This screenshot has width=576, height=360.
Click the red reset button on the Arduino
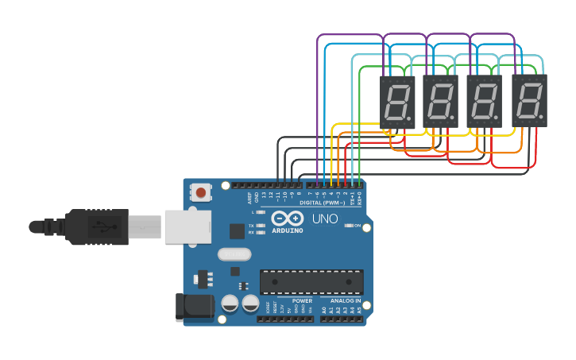click(201, 192)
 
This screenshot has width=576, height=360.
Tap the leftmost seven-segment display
click(397, 102)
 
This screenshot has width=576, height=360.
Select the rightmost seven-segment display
click(529, 101)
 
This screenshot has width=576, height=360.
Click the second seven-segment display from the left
click(441, 102)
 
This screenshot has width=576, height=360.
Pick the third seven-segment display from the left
click(485, 102)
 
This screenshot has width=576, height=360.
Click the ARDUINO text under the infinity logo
click(287, 230)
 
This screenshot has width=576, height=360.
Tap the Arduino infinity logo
click(287, 219)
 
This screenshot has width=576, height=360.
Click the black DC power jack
click(194, 308)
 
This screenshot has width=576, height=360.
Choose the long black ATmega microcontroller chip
click(311, 281)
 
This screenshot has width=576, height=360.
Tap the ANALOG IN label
click(346, 301)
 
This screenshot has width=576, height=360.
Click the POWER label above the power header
click(302, 301)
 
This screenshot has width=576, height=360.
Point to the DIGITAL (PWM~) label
click(322, 203)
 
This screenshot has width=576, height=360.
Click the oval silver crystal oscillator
click(234, 254)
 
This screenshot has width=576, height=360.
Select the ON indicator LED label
click(358, 226)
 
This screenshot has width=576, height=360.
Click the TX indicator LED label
click(251, 226)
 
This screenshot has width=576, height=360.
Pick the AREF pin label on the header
click(249, 195)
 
